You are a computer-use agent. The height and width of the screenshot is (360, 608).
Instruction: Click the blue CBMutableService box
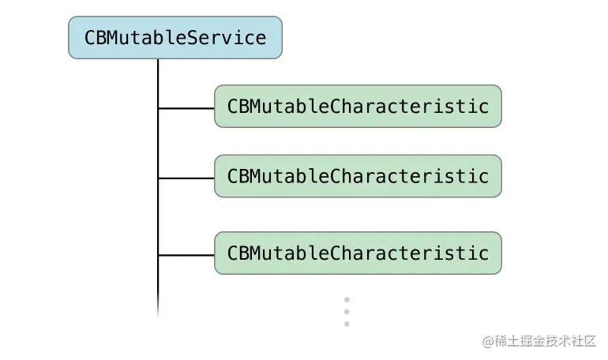click(175, 38)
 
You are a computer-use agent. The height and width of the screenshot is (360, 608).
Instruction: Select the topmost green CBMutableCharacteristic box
click(358, 106)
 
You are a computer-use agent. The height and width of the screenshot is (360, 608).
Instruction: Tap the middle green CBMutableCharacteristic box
click(358, 176)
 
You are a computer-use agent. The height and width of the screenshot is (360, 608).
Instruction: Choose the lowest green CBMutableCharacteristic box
click(358, 253)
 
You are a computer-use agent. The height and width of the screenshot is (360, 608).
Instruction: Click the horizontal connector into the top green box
click(186, 107)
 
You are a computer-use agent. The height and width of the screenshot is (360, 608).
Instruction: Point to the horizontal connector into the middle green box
click(186, 177)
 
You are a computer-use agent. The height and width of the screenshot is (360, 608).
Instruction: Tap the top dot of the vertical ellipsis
click(347, 300)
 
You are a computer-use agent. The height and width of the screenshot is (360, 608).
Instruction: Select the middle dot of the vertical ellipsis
click(347, 312)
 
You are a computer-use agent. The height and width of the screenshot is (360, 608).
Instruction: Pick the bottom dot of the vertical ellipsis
click(347, 324)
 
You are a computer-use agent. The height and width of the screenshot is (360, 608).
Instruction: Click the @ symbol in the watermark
click(487, 341)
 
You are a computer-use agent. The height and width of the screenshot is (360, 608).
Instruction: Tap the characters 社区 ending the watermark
click(584, 341)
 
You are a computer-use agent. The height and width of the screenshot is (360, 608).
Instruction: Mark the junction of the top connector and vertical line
click(158, 107)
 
